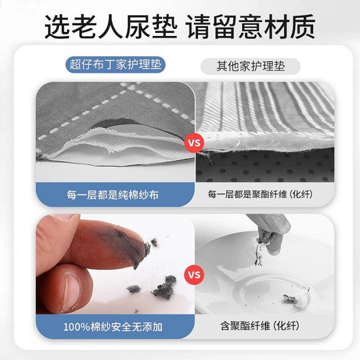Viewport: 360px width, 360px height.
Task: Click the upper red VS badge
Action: click(x=194, y=143)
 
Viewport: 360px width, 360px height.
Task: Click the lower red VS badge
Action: click(x=194, y=275)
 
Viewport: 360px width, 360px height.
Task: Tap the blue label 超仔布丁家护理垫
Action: click(x=116, y=64)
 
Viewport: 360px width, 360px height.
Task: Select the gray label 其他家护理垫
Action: click(x=250, y=66)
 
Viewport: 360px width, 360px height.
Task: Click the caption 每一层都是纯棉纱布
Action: click(x=113, y=195)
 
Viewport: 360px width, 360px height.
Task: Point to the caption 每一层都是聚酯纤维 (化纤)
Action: click(x=260, y=194)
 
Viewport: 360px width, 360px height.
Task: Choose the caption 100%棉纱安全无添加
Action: click(x=113, y=327)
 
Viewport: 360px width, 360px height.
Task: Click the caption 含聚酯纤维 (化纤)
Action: click(x=260, y=326)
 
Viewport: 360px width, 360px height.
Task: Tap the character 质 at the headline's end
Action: click(x=303, y=27)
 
